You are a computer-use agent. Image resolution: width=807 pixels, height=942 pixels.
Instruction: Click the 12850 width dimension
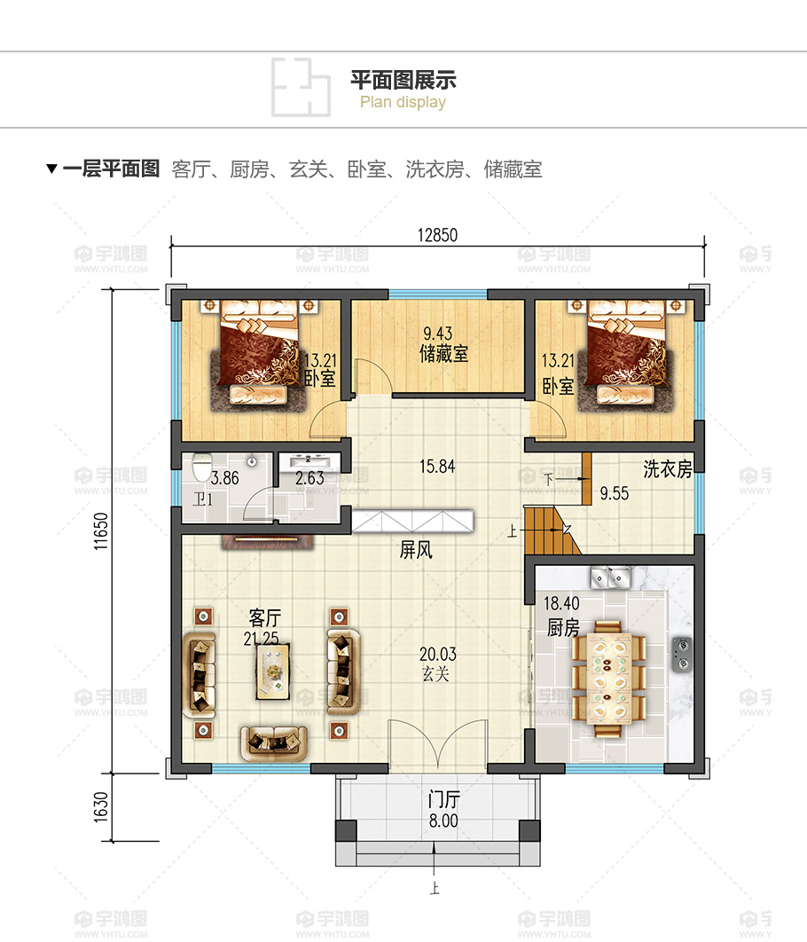(437, 235)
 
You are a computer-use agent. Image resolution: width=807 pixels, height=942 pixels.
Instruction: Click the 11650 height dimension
(101, 531)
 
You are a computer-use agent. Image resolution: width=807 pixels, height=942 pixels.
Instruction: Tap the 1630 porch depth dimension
(101, 807)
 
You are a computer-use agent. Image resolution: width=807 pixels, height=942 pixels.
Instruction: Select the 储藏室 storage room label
(443, 353)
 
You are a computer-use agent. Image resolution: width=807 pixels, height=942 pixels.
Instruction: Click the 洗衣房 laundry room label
(668, 468)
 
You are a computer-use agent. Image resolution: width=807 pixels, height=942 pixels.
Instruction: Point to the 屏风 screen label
(416, 549)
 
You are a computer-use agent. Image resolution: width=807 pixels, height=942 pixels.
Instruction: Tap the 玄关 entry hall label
(436, 674)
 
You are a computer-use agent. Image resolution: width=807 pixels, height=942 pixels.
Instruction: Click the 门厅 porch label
(443, 799)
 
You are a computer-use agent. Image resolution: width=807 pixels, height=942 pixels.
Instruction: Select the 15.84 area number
(437, 467)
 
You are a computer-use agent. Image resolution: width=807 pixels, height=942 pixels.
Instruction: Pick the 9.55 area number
(615, 493)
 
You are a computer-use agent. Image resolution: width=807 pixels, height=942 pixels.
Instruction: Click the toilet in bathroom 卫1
(202, 467)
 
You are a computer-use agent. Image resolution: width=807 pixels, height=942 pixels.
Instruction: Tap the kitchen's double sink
(610, 577)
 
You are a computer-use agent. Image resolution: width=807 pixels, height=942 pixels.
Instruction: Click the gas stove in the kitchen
(681, 654)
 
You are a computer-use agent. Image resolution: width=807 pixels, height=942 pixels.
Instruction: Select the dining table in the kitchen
(608, 678)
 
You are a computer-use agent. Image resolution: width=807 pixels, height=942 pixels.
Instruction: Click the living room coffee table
(272, 671)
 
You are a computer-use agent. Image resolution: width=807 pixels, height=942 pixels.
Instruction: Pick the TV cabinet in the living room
(268, 541)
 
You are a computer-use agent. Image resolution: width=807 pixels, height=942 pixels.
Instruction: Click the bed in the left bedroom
(259, 352)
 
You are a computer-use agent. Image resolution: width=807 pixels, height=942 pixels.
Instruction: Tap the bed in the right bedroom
(626, 352)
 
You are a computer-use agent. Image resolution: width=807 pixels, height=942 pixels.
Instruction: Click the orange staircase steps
(551, 530)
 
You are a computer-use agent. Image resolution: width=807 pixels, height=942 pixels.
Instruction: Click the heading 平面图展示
(403, 80)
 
